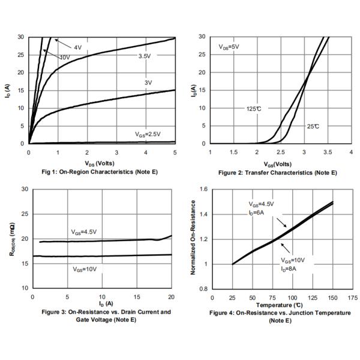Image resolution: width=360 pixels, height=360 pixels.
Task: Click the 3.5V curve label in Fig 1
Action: coord(144,56)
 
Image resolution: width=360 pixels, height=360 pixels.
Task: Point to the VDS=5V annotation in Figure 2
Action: coord(229,46)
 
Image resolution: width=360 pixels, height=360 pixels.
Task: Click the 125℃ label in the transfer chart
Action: coord(254,109)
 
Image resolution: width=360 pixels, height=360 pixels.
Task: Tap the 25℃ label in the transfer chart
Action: coord(313,127)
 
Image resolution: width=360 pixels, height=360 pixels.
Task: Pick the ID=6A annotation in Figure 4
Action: coord(256,212)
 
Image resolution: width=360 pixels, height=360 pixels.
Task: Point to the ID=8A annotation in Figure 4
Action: coord(289,268)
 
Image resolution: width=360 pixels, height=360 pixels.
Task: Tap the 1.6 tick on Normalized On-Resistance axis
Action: coord(203,189)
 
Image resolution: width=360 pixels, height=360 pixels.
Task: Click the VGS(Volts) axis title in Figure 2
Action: coord(278,164)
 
